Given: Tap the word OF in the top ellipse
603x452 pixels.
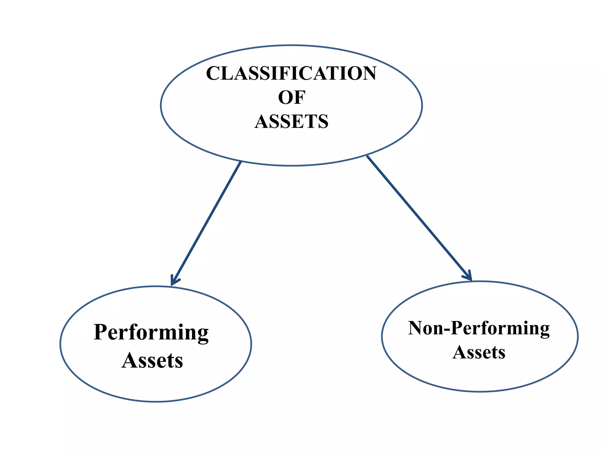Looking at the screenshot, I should pyautogui.click(x=291, y=97).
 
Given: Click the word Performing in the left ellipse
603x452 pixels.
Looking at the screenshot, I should pyautogui.click(x=151, y=333).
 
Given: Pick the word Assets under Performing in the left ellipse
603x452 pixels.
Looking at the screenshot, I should pyautogui.click(x=152, y=360).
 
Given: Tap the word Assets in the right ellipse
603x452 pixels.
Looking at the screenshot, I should pyautogui.click(x=479, y=352).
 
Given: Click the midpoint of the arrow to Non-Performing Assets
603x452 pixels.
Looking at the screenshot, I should pyautogui.click(x=419, y=218).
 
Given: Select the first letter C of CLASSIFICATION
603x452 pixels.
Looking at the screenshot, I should pyautogui.click(x=214, y=73).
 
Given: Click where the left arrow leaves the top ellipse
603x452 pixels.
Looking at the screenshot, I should pyautogui.click(x=241, y=162).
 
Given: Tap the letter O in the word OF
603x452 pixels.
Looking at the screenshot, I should pyautogui.click(x=286, y=97).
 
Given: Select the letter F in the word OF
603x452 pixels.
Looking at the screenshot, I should pyautogui.click(x=299, y=97).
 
